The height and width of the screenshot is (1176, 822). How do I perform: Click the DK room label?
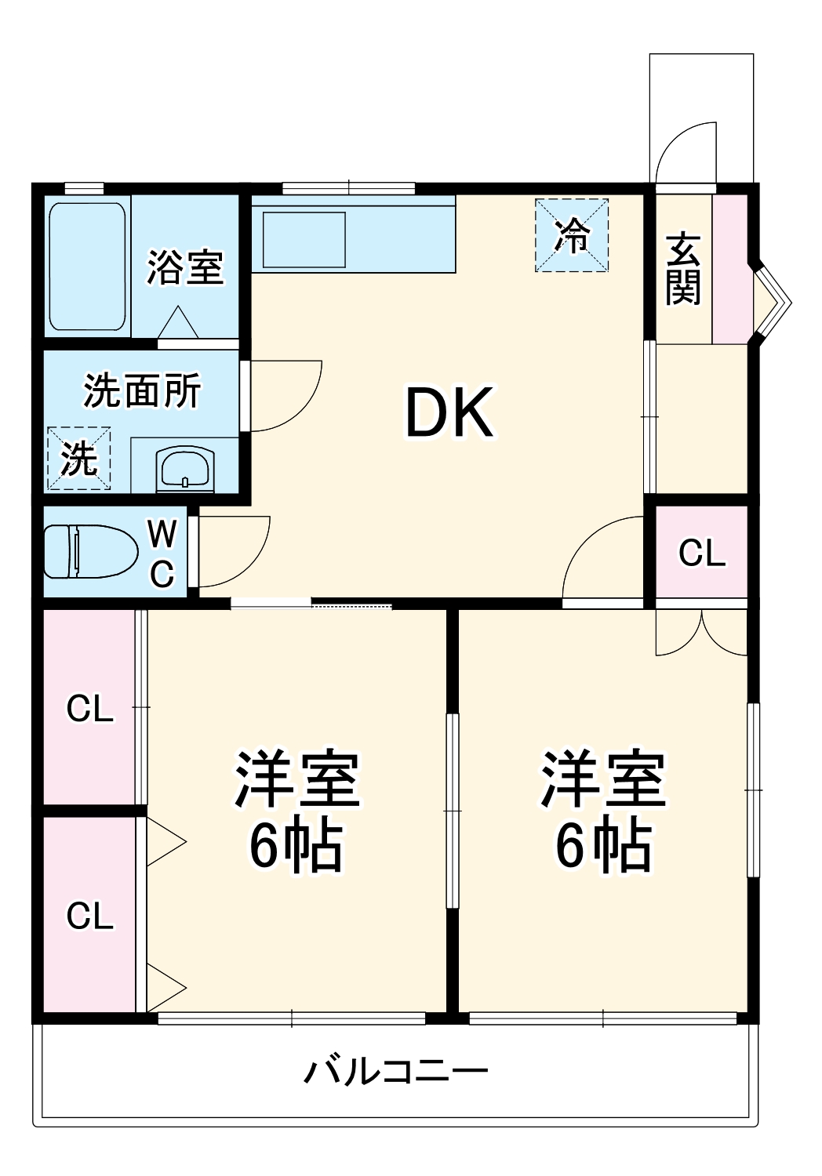449,412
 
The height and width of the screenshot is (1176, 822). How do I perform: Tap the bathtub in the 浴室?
87,267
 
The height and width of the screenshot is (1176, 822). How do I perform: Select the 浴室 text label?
185,267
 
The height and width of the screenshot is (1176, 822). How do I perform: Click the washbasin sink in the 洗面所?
185,468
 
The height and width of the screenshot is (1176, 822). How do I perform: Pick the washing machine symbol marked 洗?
78,459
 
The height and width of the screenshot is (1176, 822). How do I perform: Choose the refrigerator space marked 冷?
572,235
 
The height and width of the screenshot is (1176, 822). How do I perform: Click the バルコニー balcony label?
395,1071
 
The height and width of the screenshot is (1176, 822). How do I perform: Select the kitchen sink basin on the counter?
304,239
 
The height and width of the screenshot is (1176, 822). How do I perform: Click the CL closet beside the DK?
701,553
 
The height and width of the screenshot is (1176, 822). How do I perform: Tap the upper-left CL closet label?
89,709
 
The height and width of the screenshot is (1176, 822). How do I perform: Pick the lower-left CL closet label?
89,916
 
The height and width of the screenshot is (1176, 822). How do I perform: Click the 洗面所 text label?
142,390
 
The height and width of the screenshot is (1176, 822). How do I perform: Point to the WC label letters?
162,554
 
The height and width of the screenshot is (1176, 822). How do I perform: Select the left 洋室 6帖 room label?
296,811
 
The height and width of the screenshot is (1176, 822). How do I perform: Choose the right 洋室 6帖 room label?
602,811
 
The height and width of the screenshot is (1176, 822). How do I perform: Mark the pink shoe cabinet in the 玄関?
729,268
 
